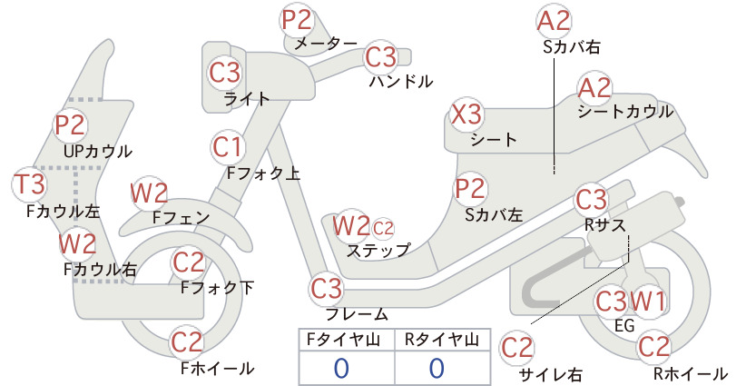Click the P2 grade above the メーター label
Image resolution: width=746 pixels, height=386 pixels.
click(x=297, y=20)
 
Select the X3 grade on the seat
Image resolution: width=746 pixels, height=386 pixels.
click(x=466, y=114)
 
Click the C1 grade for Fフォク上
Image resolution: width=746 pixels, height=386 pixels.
click(x=228, y=147)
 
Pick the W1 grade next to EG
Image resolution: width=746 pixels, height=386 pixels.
click(x=648, y=302)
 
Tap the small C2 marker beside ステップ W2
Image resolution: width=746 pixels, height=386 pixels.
click(x=383, y=229)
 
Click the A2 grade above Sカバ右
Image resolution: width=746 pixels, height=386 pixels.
click(x=554, y=22)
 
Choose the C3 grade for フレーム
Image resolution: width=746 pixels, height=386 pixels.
click(x=327, y=289)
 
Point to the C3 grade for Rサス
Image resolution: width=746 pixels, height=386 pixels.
click(x=592, y=200)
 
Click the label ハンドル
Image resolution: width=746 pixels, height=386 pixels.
click(x=401, y=82)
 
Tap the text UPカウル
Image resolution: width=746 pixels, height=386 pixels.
click(x=97, y=152)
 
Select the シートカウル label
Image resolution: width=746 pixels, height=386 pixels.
click(x=625, y=112)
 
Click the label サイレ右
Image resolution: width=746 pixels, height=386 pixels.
click(x=551, y=374)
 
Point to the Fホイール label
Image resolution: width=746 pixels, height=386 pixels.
click(x=218, y=369)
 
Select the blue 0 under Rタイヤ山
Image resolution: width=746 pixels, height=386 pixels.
click(x=437, y=369)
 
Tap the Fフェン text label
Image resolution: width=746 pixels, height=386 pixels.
click(x=182, y=218)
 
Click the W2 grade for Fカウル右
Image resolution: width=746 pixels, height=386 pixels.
click(x=77, y=244)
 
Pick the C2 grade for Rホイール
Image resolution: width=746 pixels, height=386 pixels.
click(x=653, y=347)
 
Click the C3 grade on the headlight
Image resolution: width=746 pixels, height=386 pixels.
click(x=225, y=73)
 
